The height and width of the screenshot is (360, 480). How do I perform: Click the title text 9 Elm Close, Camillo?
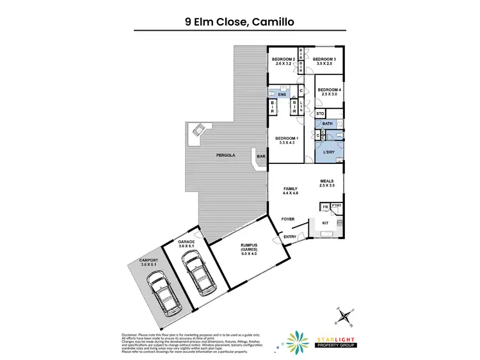tap(240, 22)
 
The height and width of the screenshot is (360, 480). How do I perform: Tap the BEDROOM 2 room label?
tap(283, 61)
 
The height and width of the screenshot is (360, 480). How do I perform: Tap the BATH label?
tap(327, 124)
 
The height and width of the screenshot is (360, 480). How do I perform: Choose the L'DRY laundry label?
tap(330, 152)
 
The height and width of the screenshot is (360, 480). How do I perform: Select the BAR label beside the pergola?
tap(261, 156)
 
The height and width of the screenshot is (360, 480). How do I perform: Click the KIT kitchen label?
tap(324, 224)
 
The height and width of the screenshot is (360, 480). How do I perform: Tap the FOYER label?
tap(288, 219)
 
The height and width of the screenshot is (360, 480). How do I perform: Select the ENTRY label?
tap(289, 237)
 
